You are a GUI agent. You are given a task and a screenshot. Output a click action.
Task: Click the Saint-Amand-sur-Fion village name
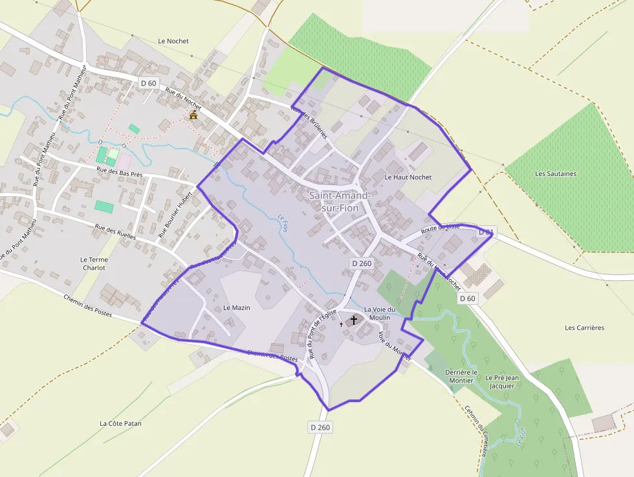340,201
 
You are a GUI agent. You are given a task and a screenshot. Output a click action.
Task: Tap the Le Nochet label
173,41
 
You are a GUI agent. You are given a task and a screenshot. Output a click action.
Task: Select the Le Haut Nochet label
408,177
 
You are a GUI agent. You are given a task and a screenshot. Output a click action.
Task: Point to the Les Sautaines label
556,173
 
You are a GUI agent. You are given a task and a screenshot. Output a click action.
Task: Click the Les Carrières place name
584,327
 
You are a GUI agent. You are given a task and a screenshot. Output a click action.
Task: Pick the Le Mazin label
236,307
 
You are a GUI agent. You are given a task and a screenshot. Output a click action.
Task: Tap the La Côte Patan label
120,423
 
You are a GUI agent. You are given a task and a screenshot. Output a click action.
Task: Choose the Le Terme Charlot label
94,263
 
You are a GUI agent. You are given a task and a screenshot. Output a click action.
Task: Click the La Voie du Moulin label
380,313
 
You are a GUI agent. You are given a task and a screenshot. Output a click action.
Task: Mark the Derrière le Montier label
461,377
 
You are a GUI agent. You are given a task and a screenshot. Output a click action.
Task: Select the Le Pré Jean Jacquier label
502,381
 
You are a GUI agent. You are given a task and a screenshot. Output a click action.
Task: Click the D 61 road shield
486,232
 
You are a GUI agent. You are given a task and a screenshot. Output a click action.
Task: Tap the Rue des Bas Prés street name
119,172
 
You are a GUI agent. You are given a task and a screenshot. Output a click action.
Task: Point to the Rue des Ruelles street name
115,232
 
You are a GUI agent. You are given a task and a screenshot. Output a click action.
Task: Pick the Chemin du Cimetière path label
476,430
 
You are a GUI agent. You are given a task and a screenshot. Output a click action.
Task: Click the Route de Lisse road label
440,228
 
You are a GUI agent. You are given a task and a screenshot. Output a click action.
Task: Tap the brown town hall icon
193,115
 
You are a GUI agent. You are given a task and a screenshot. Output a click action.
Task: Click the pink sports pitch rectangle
124,159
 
